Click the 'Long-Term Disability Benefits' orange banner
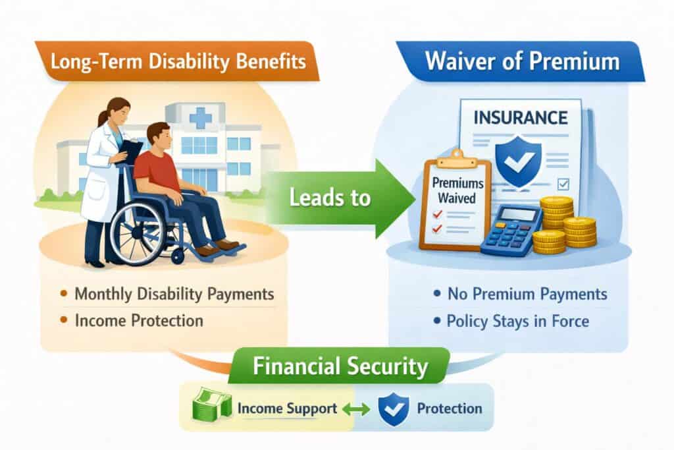coord(177,61)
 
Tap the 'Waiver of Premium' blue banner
coord(521,61)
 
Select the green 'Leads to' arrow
coord(340,198)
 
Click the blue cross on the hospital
coord(200,117)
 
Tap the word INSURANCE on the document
coord(521,118)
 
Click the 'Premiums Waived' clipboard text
coord(457,190)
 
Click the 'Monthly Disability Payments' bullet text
coord(174,294)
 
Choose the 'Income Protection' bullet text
coord(139,320)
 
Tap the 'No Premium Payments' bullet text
coord(527,294)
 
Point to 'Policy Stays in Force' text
coord(518,322)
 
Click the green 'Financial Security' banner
coord(340,366)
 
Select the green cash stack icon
coord(211,405)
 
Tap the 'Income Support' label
coord(287,408)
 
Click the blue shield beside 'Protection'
coord(394,410)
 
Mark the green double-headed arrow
coord(356,408)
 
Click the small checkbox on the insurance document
coord(563,184)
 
